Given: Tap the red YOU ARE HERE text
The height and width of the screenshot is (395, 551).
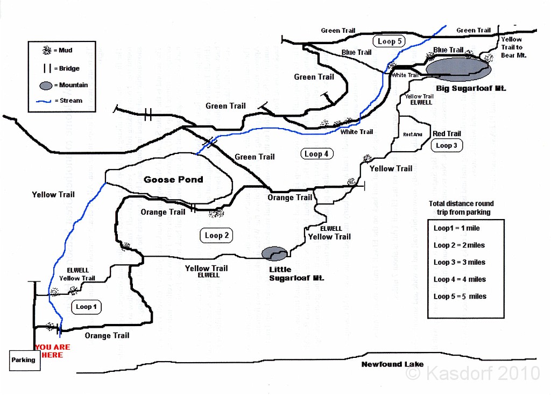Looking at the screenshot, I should tap(52, 351).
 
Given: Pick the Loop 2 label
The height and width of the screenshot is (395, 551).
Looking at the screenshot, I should tap(217, 235).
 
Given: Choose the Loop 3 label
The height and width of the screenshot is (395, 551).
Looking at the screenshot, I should tap(446, 145).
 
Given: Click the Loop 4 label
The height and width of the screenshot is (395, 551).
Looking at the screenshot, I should tap(316, 154).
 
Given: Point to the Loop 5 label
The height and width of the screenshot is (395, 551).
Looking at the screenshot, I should tap(390, 41).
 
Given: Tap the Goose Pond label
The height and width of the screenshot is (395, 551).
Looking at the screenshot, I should tap(173, 179).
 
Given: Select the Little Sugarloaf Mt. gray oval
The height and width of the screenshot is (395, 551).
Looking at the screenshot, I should tap(274, 252).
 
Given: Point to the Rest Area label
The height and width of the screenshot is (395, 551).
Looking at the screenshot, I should tap(413, 135).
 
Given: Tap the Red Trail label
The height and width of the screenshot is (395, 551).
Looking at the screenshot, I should tap(447, 133).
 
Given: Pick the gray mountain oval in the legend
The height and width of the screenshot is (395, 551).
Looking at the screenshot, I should tap(47, 85).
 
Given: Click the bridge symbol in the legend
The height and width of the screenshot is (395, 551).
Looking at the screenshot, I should tap(47, 68).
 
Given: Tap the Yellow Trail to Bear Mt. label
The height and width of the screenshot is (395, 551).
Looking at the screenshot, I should tap(513, 47).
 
